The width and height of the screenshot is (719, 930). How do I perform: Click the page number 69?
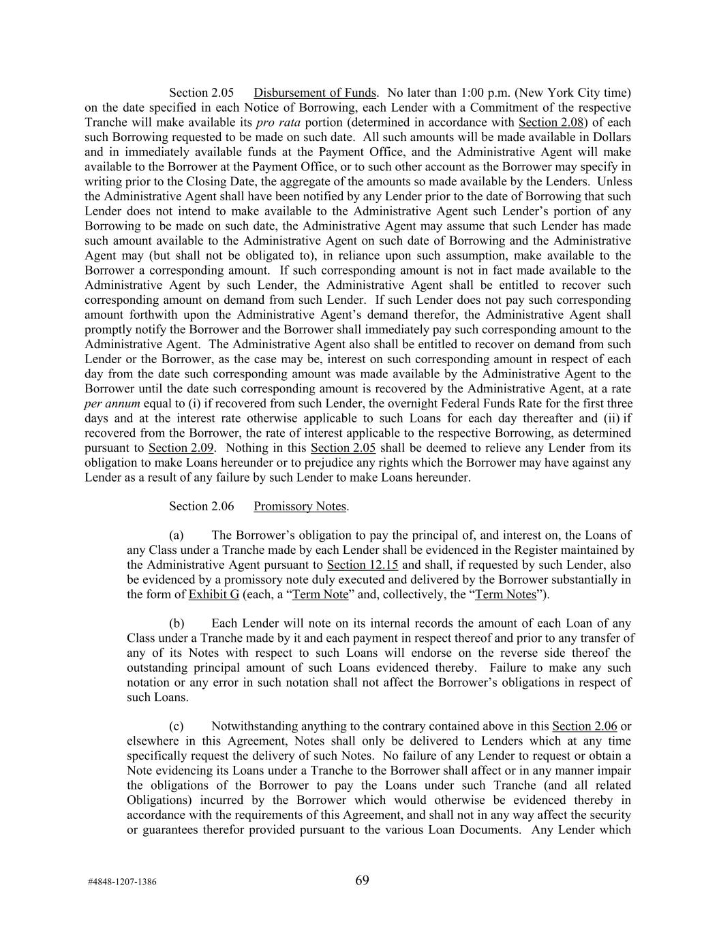(x=362, y=880)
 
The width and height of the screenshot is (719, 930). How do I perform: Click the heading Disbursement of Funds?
(x=314, y=93)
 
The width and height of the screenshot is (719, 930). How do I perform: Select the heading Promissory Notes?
(x=300, y=506)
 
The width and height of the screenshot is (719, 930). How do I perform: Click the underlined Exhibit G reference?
(x=213, y=594)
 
